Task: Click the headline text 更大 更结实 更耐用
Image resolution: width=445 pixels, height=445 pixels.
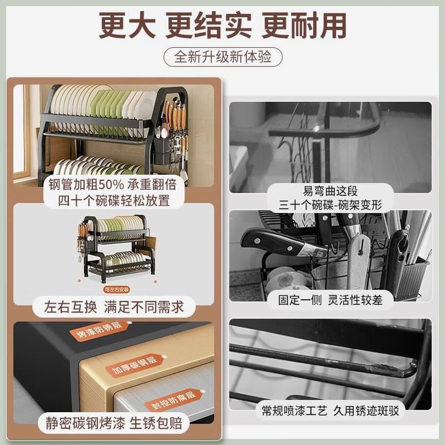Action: (x=222, y=25)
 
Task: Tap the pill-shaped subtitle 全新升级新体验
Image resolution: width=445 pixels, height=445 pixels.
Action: (x=222, y=57)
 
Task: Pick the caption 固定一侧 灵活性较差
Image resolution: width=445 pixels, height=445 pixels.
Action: (x=330, y=300)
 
